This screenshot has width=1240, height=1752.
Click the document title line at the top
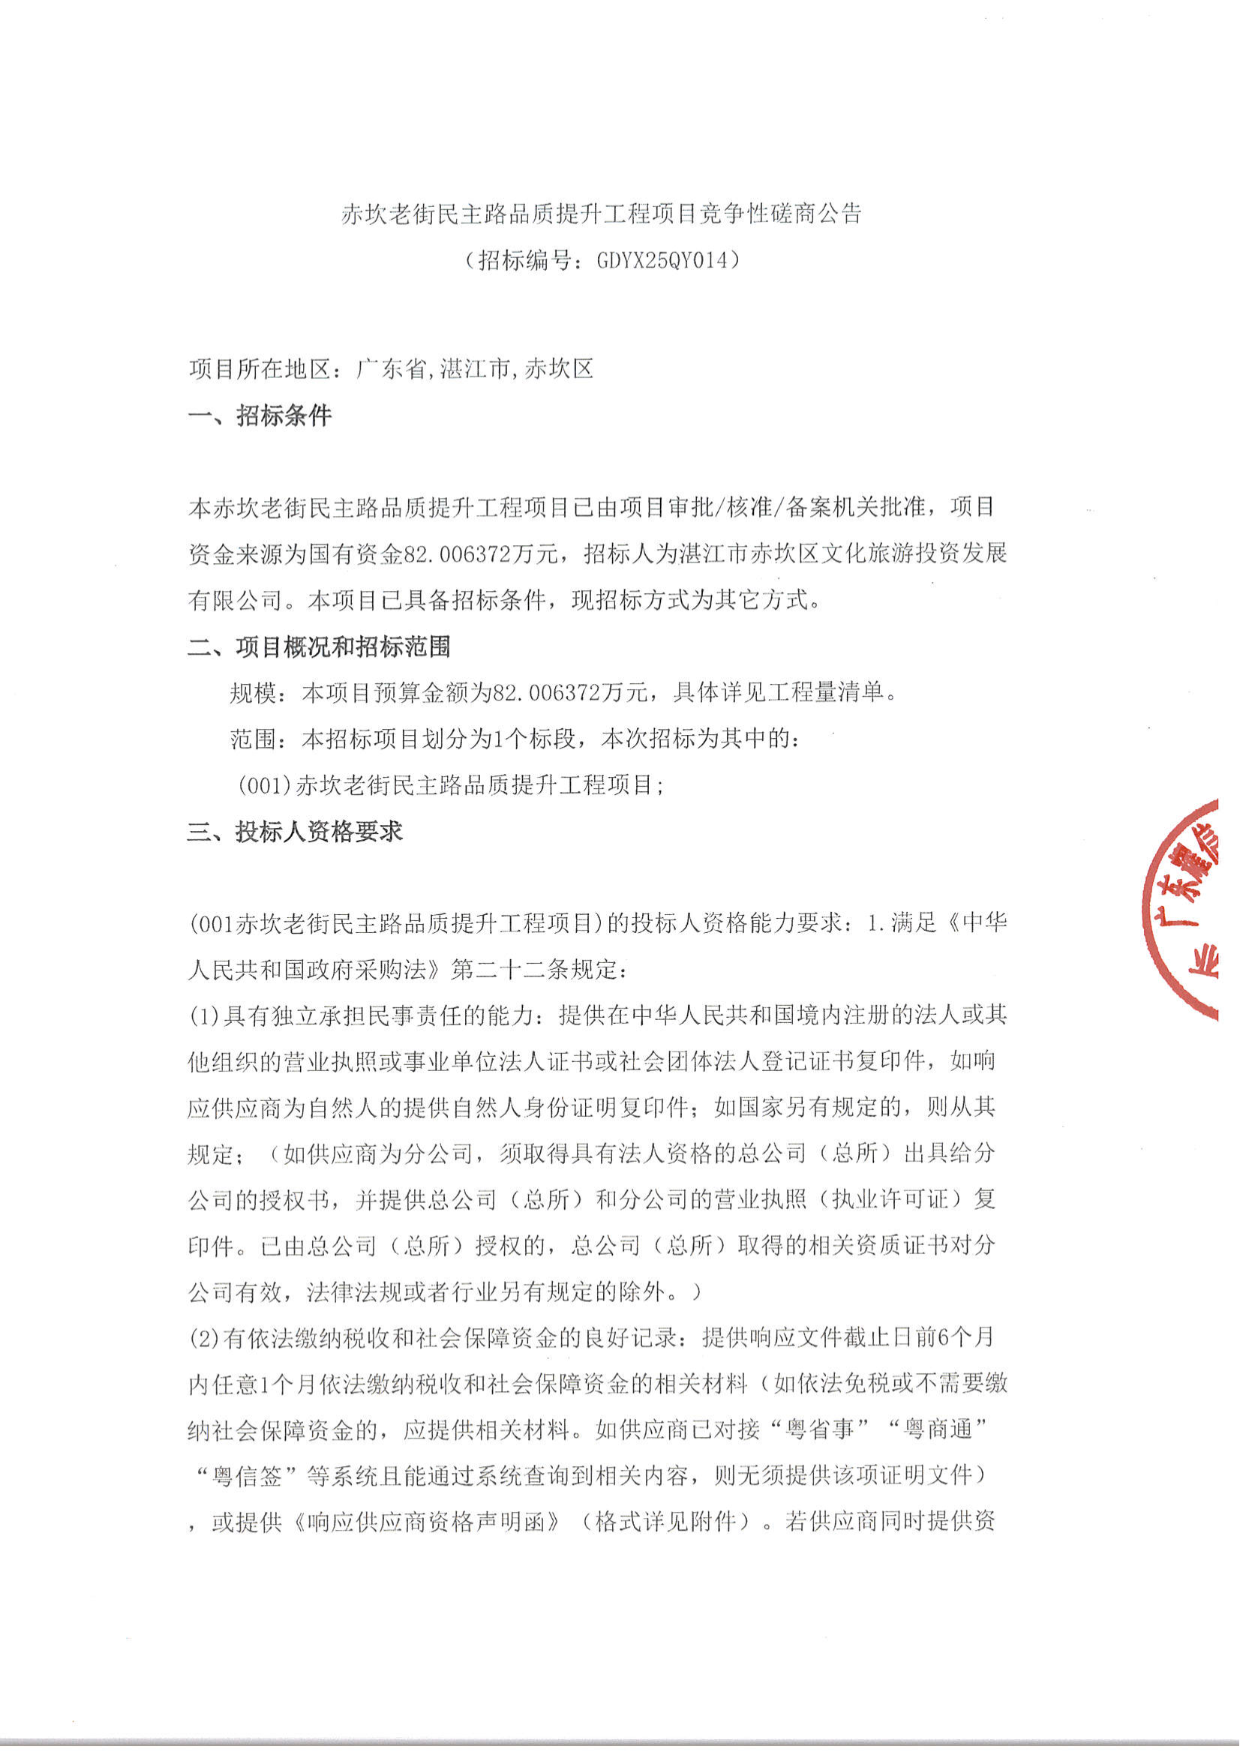pos(601,214)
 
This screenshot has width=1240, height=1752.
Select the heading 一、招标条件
pos(260,416)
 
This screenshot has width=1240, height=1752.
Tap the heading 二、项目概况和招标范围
pos(319,647)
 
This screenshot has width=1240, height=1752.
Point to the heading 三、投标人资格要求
pos(295,832)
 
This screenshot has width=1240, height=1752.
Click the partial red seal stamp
pos(1184,908)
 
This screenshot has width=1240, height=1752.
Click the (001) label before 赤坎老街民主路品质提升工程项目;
pos(263,785)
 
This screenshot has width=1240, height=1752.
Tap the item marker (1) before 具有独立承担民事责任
pos(205,1016)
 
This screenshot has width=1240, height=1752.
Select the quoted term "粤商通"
pos(938,1430)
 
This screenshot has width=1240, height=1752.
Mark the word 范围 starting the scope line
pos(253,739)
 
